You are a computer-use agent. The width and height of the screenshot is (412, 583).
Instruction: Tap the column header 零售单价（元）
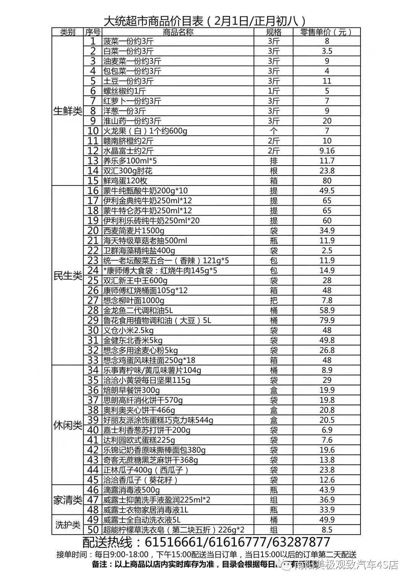pyautogui.click(x=326, y=32)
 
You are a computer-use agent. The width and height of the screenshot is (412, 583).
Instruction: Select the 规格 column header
pyautogui.click(x=273, y=32)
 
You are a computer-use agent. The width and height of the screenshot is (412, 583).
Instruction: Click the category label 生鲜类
pyautogui.click(x=68, y=111)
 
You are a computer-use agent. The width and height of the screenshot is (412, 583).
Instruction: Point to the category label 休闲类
pyautogui.click(x=68, y=425)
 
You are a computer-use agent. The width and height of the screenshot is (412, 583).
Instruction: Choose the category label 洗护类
pyautogui.click(x=68, y=525)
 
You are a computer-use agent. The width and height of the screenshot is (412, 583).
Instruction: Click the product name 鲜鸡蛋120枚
pyautogui.click(x=126, y=180)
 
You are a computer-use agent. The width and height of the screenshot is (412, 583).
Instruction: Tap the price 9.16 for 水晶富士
pyautogui.click(x=327, y=151)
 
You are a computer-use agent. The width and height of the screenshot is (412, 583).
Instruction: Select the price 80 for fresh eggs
pyautogui.click(x=327, y=180)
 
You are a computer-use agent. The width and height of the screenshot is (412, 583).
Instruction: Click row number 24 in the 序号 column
pyautogui.click(x=93, y=271)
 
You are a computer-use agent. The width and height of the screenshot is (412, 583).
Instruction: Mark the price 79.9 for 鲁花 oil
pyautogui.click(x=327, y=320)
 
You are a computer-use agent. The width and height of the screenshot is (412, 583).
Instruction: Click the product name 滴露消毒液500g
pyautogui.click(x=132, y=490)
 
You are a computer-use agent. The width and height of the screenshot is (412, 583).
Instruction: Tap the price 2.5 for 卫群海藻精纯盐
pyautogui.click(x=327, y=251)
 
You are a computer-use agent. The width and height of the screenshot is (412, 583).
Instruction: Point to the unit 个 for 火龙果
pyautogui.click(x=273, y=131)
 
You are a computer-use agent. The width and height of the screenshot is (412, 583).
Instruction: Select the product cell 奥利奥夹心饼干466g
pyautogui.click(x=139, y=410)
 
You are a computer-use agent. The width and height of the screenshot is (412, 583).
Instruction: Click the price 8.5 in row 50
pyautogui.click(x=327, y=530)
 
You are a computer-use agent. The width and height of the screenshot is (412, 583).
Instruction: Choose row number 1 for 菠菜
pyautogui.click(x=93, y=41)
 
